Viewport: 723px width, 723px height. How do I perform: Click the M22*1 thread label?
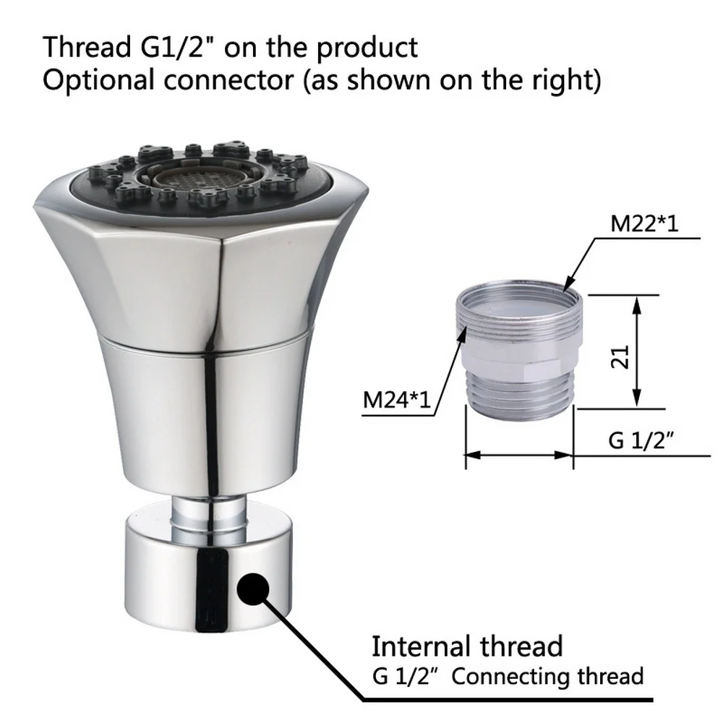(646, 223)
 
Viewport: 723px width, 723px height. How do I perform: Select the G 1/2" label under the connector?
(636, 440)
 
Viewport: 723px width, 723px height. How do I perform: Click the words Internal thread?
(467, 646)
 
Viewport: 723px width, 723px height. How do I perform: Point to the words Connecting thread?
(547, 677)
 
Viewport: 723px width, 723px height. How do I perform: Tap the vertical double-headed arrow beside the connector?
(636, 351)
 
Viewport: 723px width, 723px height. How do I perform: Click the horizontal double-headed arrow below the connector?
(518, 455)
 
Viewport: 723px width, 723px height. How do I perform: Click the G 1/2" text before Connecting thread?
(407, 677)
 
